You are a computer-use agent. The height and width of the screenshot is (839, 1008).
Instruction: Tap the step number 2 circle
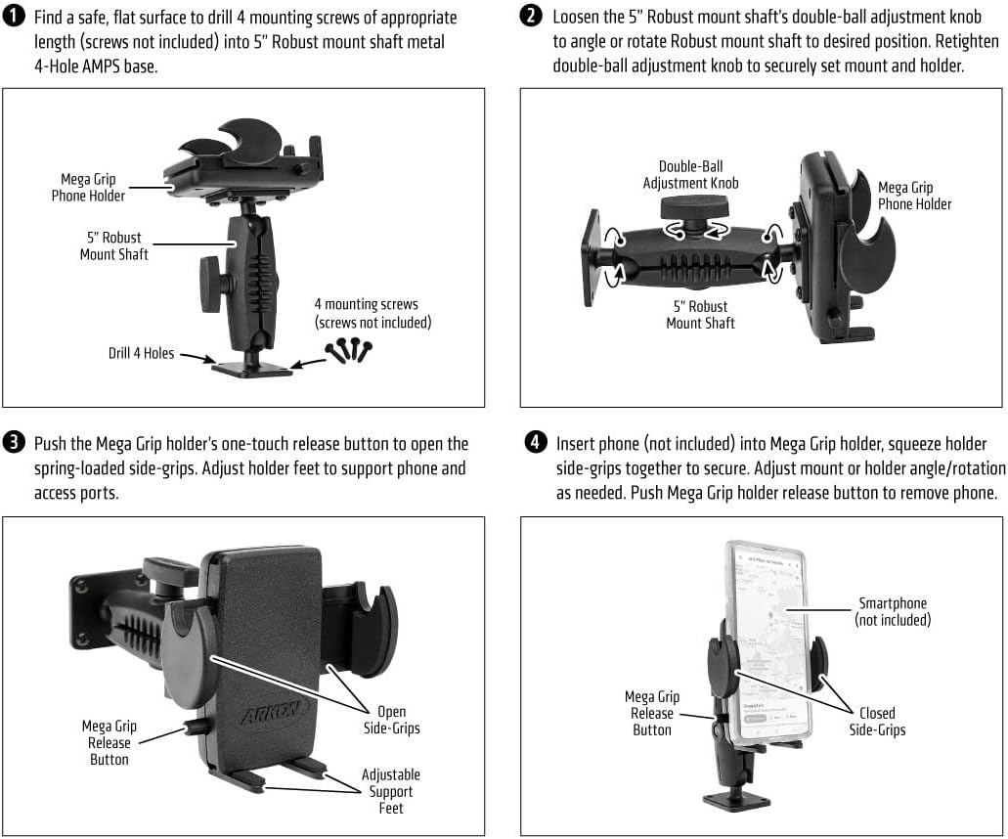(532, 17)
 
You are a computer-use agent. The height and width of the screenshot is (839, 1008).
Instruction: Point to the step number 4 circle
(535, 443)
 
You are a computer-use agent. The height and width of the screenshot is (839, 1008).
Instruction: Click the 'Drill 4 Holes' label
(142, 353)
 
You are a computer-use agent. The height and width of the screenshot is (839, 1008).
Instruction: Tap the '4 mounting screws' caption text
(372, 313)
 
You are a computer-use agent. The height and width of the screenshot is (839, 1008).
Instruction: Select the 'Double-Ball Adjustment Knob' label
(690, 175)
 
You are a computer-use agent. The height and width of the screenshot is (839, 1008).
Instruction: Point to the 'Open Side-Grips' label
(391, 720)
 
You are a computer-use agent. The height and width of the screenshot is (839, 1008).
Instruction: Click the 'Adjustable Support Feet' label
(390, 791)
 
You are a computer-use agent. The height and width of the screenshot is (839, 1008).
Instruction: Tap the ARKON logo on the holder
(275, 708)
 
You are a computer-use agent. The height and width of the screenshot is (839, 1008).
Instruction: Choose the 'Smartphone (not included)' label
(892, 612)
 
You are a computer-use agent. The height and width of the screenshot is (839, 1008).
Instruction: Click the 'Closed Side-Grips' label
(877, 722)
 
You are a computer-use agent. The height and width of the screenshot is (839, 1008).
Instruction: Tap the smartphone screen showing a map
(770, 636)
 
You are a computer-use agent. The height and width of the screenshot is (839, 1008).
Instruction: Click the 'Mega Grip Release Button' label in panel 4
(652, 713)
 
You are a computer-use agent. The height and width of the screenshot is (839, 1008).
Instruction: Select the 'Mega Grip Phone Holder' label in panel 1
(89, 188)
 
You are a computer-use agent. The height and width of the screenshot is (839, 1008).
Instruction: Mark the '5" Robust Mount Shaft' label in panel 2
(700, 314)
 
